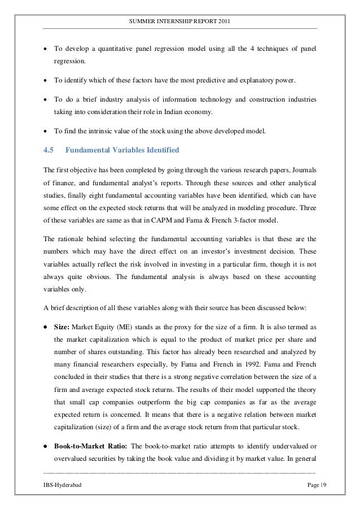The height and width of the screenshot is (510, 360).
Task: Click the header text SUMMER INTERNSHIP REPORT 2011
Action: (x=179, y=21)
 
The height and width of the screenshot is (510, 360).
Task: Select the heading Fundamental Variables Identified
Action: (x=122, y=150)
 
